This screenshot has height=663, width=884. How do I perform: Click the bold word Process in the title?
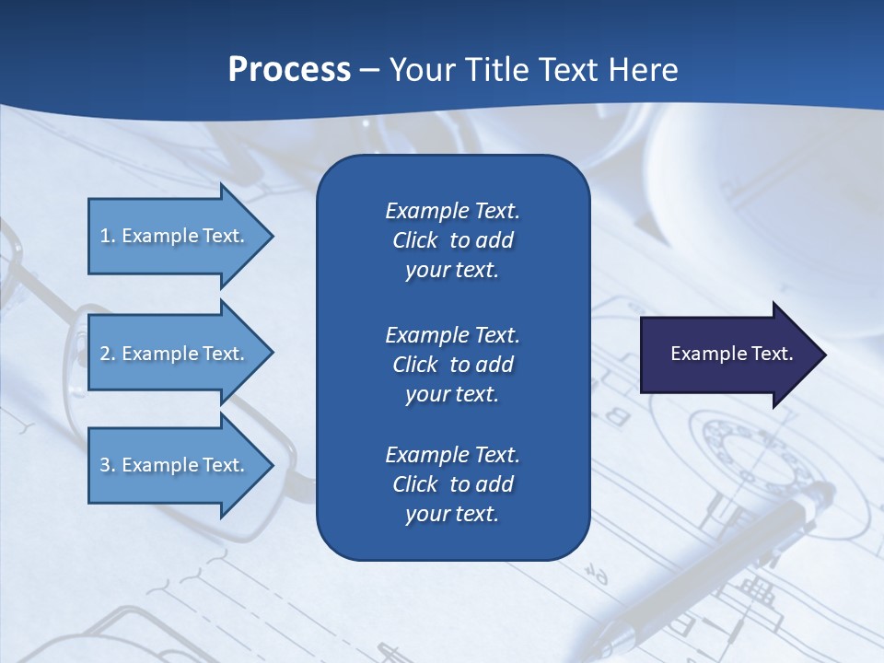pyautogui.click(x=289, y=70)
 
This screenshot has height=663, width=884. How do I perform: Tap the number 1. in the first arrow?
pyautogui.click(x=108, y=236)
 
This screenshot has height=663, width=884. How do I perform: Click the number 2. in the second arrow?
pyautogui.click(x=108, y=354)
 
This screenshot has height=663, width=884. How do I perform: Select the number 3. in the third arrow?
pyautogui.click(x=108, y=465)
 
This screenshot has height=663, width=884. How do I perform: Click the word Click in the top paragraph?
pyautogui.click(x=415, y=240)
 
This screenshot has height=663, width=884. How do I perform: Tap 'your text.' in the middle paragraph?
pyautogui.click(x=452, y=394)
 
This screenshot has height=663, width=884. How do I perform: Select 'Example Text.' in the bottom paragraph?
pyautogui.click(x=452, y=455)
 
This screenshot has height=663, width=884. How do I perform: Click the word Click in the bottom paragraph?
pyautogui.click(x=415, y=484)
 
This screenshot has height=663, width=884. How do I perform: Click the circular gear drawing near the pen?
pyautogui.click(x=750, y=451)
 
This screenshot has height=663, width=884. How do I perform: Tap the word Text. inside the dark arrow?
pyautogui.click(x=771, y=354)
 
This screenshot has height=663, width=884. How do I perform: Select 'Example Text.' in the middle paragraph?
pyautogui.click(x=452, y=334)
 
